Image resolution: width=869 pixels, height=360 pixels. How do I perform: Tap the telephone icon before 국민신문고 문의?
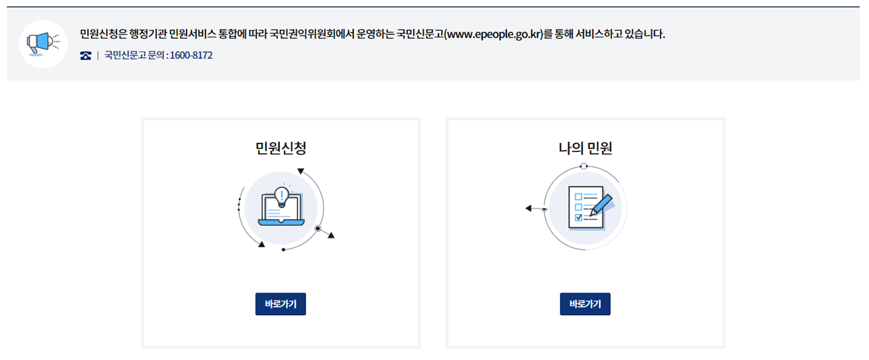point(86,56)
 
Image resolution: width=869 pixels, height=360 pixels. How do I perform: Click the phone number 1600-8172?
point(191,55)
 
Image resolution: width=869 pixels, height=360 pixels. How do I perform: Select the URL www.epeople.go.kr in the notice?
point(493,34)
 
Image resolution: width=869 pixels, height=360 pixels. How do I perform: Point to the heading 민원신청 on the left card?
point(281,148)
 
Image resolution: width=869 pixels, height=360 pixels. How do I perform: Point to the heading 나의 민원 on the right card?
point(585,148)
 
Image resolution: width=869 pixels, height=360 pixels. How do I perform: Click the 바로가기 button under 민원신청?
point(281,304)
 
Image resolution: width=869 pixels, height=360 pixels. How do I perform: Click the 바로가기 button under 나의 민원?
point(585,304)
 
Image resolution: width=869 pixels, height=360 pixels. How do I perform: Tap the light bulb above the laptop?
point(281,196)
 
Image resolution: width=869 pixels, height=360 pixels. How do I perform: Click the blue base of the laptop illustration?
point(281,223)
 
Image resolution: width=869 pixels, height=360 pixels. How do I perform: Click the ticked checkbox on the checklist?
point(579,217)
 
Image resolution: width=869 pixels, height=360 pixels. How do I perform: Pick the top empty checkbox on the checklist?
point(579,197)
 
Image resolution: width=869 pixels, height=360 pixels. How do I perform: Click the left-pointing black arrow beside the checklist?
point(528,208)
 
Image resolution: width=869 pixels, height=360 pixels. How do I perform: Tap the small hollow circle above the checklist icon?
point(584,167)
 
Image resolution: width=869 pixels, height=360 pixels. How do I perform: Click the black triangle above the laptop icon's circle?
point(301,171)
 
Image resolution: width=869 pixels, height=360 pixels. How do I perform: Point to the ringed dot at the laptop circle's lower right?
point(318,229)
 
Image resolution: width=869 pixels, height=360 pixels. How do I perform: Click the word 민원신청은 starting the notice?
point(103,34)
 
